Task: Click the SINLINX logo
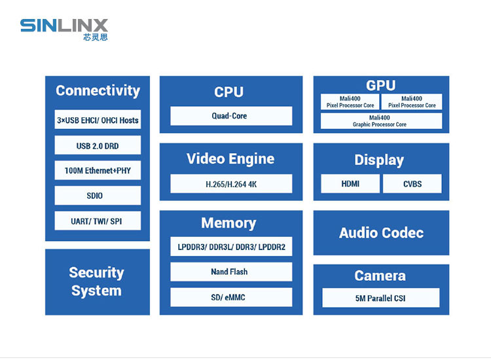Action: tap(64, 29)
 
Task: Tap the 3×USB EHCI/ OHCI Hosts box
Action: tap(98, 120)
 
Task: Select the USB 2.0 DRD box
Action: tap(98, 145)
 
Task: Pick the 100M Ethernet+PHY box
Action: tap(98, 171)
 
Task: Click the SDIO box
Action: tap(98, 196)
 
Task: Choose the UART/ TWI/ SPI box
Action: tap(98, 221)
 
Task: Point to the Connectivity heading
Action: tap(98, 91)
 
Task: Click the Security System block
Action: tap(97, 281)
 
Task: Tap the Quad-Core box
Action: tap(230, 116)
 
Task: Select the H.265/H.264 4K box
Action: tap(230, 184)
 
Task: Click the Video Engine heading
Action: tap(230, 158)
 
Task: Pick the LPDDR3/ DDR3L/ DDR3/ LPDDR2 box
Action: tap(230, 247)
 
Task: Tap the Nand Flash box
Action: tap(230, 272)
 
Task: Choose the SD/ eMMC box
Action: tap(230, 297)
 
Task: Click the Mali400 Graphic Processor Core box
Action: tap(380, 121)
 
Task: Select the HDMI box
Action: tap(350, 184)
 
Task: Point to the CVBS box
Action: tap(412, 184)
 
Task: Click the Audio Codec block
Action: tap(381, 233)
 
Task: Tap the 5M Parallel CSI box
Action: tap(380, 298)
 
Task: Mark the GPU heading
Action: tap(381, 85)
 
